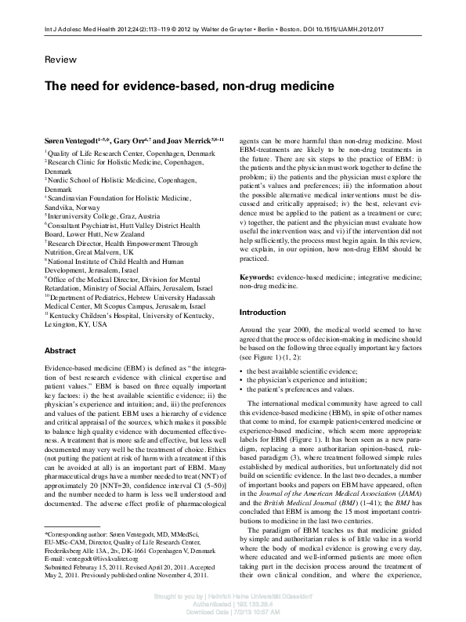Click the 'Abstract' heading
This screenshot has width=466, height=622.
click(60, 350)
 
